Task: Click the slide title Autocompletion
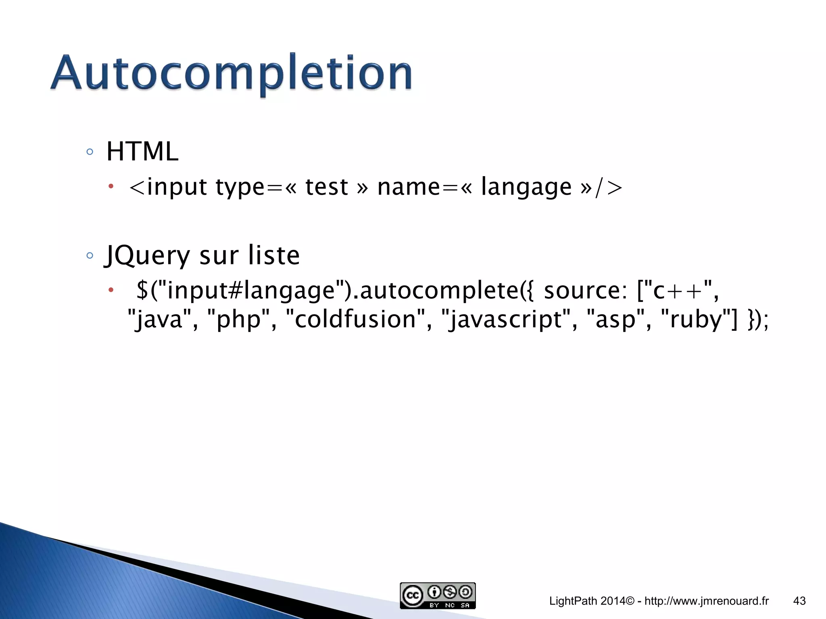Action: tap(231, 73)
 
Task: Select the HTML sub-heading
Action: tap(142, 152)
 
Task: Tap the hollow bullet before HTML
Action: tap(90, 152)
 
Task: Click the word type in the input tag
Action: tap(240, 187)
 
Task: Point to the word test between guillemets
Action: tap(326, 187)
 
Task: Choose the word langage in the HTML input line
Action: tap(526, 187)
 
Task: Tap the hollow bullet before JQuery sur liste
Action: tap(90, 255)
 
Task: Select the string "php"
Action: tap(239, 320)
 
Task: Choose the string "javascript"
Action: tap(507, 320)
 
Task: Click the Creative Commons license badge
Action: tap(438, 595)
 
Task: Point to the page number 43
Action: tap(799, 601)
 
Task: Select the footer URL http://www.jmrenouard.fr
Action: tap(707, 601)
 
